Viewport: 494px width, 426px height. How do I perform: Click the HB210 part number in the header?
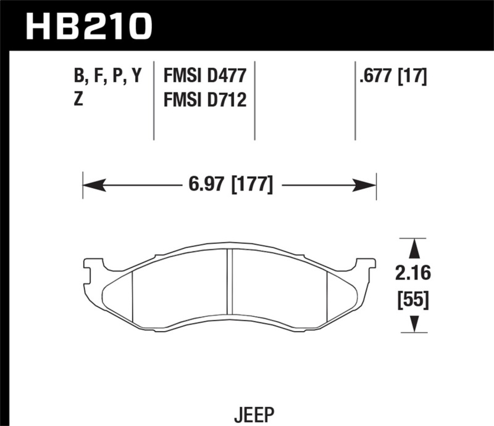(x=88, y=25)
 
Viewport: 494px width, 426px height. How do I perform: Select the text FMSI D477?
(x=204, y=76)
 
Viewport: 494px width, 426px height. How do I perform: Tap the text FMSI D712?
(x=204, y=99)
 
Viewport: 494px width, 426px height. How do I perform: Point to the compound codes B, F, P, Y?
(x=107, y=76)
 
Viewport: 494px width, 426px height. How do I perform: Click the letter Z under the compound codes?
(x=78, y=99)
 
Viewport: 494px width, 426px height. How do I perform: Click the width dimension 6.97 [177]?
(x=229, y=184)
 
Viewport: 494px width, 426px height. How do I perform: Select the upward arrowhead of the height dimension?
(x=414, y=248)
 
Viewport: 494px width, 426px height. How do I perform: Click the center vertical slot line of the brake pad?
(x=228, y=281)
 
